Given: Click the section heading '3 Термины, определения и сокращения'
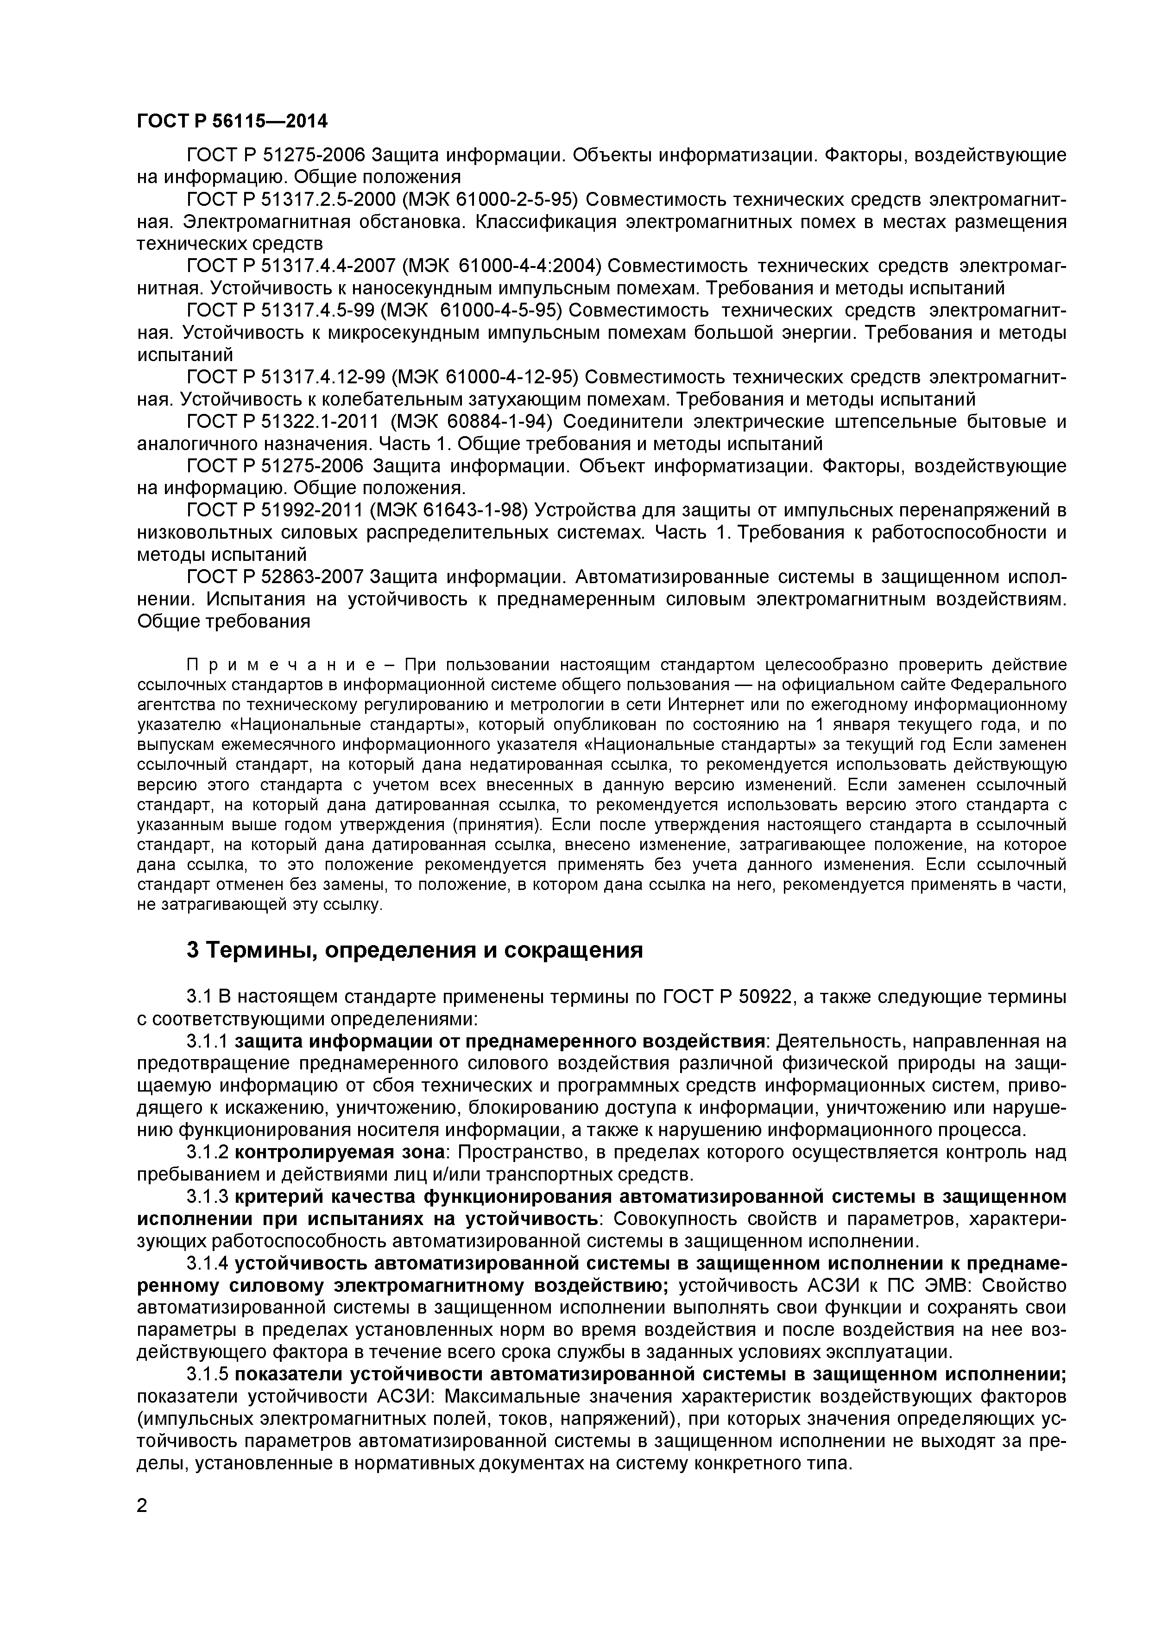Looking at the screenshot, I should tap(414, 950).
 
